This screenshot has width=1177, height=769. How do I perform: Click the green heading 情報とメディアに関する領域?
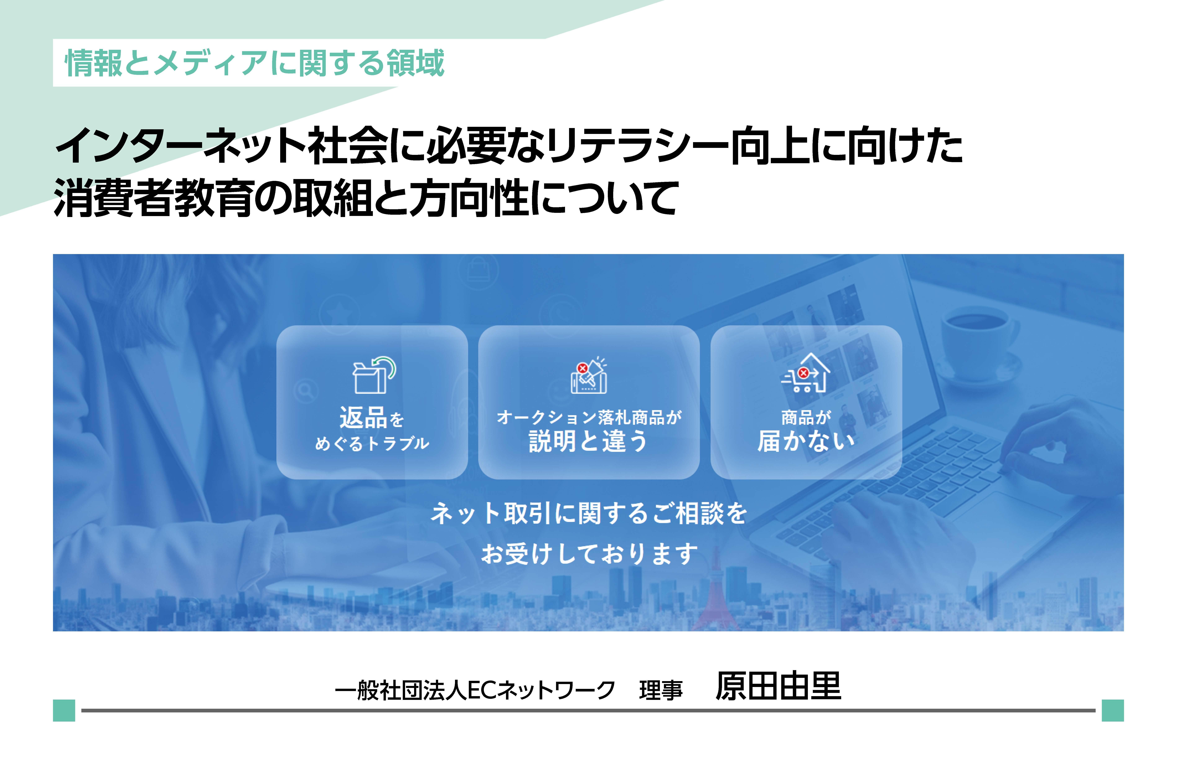pos(255,63)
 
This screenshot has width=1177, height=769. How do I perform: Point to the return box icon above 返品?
pos(374,375)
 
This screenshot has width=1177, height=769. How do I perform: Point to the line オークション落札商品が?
pos(589,417)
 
